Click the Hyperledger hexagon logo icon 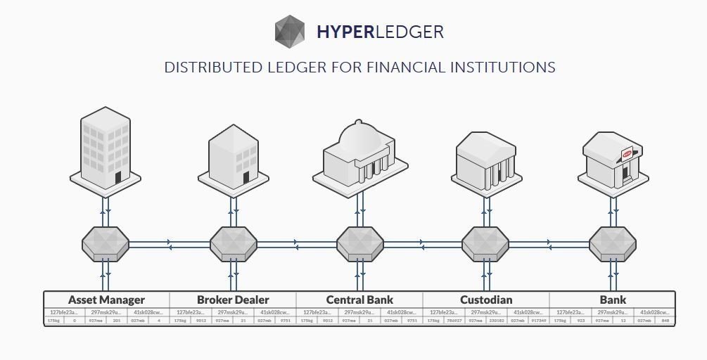coord(291,32)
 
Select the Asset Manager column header coord(107,300)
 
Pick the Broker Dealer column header coord(233,300)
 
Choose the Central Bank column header coord(359,300)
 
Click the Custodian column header coord(486,300)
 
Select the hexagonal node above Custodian coord(485,244)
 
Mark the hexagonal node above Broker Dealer coord(233,244)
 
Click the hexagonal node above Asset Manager coord(106,244)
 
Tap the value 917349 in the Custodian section coord(538,321)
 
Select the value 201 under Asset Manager coord(117,321)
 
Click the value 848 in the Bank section coord(665,321)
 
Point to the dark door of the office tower coord(119,177)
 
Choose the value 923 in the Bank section coord(581,321)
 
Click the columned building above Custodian coord(485,160)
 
